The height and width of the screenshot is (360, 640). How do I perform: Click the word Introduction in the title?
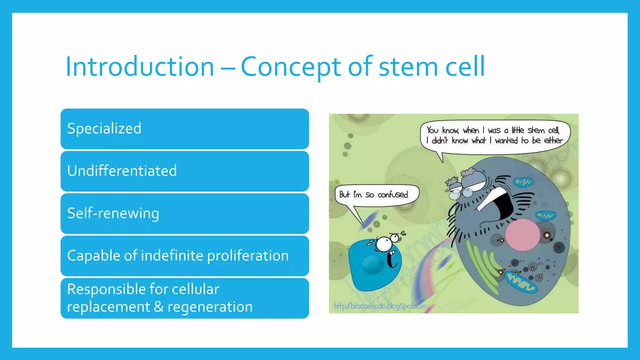click(x=140, y=67)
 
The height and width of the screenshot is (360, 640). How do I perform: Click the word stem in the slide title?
click(x=408, y=67)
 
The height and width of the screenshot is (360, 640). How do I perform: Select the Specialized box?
click(x=184, y=129)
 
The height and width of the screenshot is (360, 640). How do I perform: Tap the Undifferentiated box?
click(x=184, y=171)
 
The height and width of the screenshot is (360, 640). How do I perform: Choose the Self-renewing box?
click(x=184, y=213)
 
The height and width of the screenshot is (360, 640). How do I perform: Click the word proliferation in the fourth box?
click(x=248, y=256)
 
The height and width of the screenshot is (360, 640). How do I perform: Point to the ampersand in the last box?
click(x=159, y=307)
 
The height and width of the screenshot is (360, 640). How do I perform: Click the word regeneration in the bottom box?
click(x=210, y=307)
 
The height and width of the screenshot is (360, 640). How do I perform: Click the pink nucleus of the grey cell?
click(x=522, y=235)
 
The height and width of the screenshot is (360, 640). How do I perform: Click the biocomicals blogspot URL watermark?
click(x=380, y=306)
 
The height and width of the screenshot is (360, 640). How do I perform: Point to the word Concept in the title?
click(x=291, y=67)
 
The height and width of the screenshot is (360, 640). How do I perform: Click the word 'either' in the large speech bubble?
click(x=553, y=141)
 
